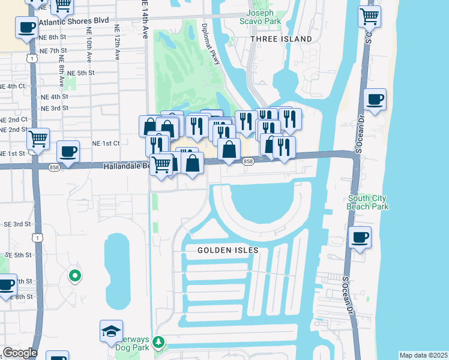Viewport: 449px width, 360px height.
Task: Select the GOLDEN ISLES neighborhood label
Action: [228, 250]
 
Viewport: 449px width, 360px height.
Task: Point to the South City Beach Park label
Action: [367, 202]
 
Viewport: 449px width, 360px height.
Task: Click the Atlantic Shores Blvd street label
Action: [74, 21]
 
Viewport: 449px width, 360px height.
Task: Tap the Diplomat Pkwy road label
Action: [212, 41]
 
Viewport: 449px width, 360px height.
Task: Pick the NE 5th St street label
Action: [81, 73]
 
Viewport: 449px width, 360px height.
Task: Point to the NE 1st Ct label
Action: [106, 143]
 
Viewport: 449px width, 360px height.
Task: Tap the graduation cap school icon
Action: [112, 331]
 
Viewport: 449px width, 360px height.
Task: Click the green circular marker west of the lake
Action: [75, 276]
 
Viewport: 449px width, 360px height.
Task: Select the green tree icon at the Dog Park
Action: [158, 342]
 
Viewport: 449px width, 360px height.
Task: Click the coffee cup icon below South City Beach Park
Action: [360, 238]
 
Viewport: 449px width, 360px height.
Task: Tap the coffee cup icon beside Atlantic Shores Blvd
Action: [26, 28]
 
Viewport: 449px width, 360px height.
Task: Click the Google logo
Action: [19, 353]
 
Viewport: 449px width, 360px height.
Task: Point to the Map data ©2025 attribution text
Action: [423, 355]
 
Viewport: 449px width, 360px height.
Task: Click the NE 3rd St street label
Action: [55, 108]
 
